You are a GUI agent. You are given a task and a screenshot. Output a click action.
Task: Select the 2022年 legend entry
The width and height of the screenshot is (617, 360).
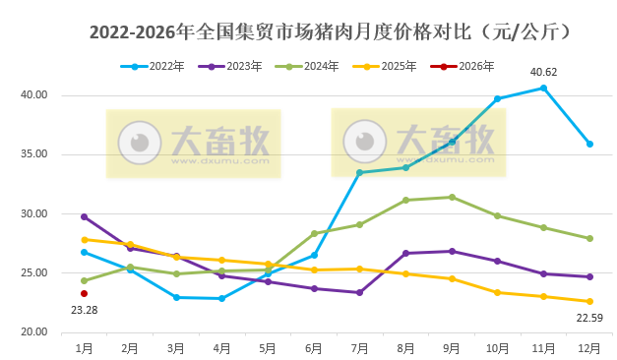157,67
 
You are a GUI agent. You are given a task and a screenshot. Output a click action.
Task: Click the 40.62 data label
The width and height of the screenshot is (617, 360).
544,72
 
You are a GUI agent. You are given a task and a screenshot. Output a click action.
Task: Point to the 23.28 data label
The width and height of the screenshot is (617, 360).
85,310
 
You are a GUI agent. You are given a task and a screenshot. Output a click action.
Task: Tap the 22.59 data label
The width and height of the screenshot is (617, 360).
588,317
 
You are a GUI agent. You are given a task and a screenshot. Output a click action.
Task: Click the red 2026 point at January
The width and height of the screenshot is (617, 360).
85,293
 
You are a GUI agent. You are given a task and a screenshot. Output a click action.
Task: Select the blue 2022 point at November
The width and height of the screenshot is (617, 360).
544,89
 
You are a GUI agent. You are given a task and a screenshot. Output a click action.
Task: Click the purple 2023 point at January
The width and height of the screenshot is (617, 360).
85,216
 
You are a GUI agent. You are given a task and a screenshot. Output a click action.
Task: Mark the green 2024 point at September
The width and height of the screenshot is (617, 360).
452,197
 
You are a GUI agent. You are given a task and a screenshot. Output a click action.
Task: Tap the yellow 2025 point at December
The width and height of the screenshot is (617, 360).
589,301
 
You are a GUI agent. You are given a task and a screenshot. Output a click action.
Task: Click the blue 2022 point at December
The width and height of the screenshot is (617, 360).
589,144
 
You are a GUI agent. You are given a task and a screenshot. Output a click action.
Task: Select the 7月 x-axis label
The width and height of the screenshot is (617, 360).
360,347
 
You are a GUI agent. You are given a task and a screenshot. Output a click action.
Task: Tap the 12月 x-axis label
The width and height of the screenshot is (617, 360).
589,347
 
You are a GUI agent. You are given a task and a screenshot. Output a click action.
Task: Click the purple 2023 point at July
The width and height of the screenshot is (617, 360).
360,292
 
